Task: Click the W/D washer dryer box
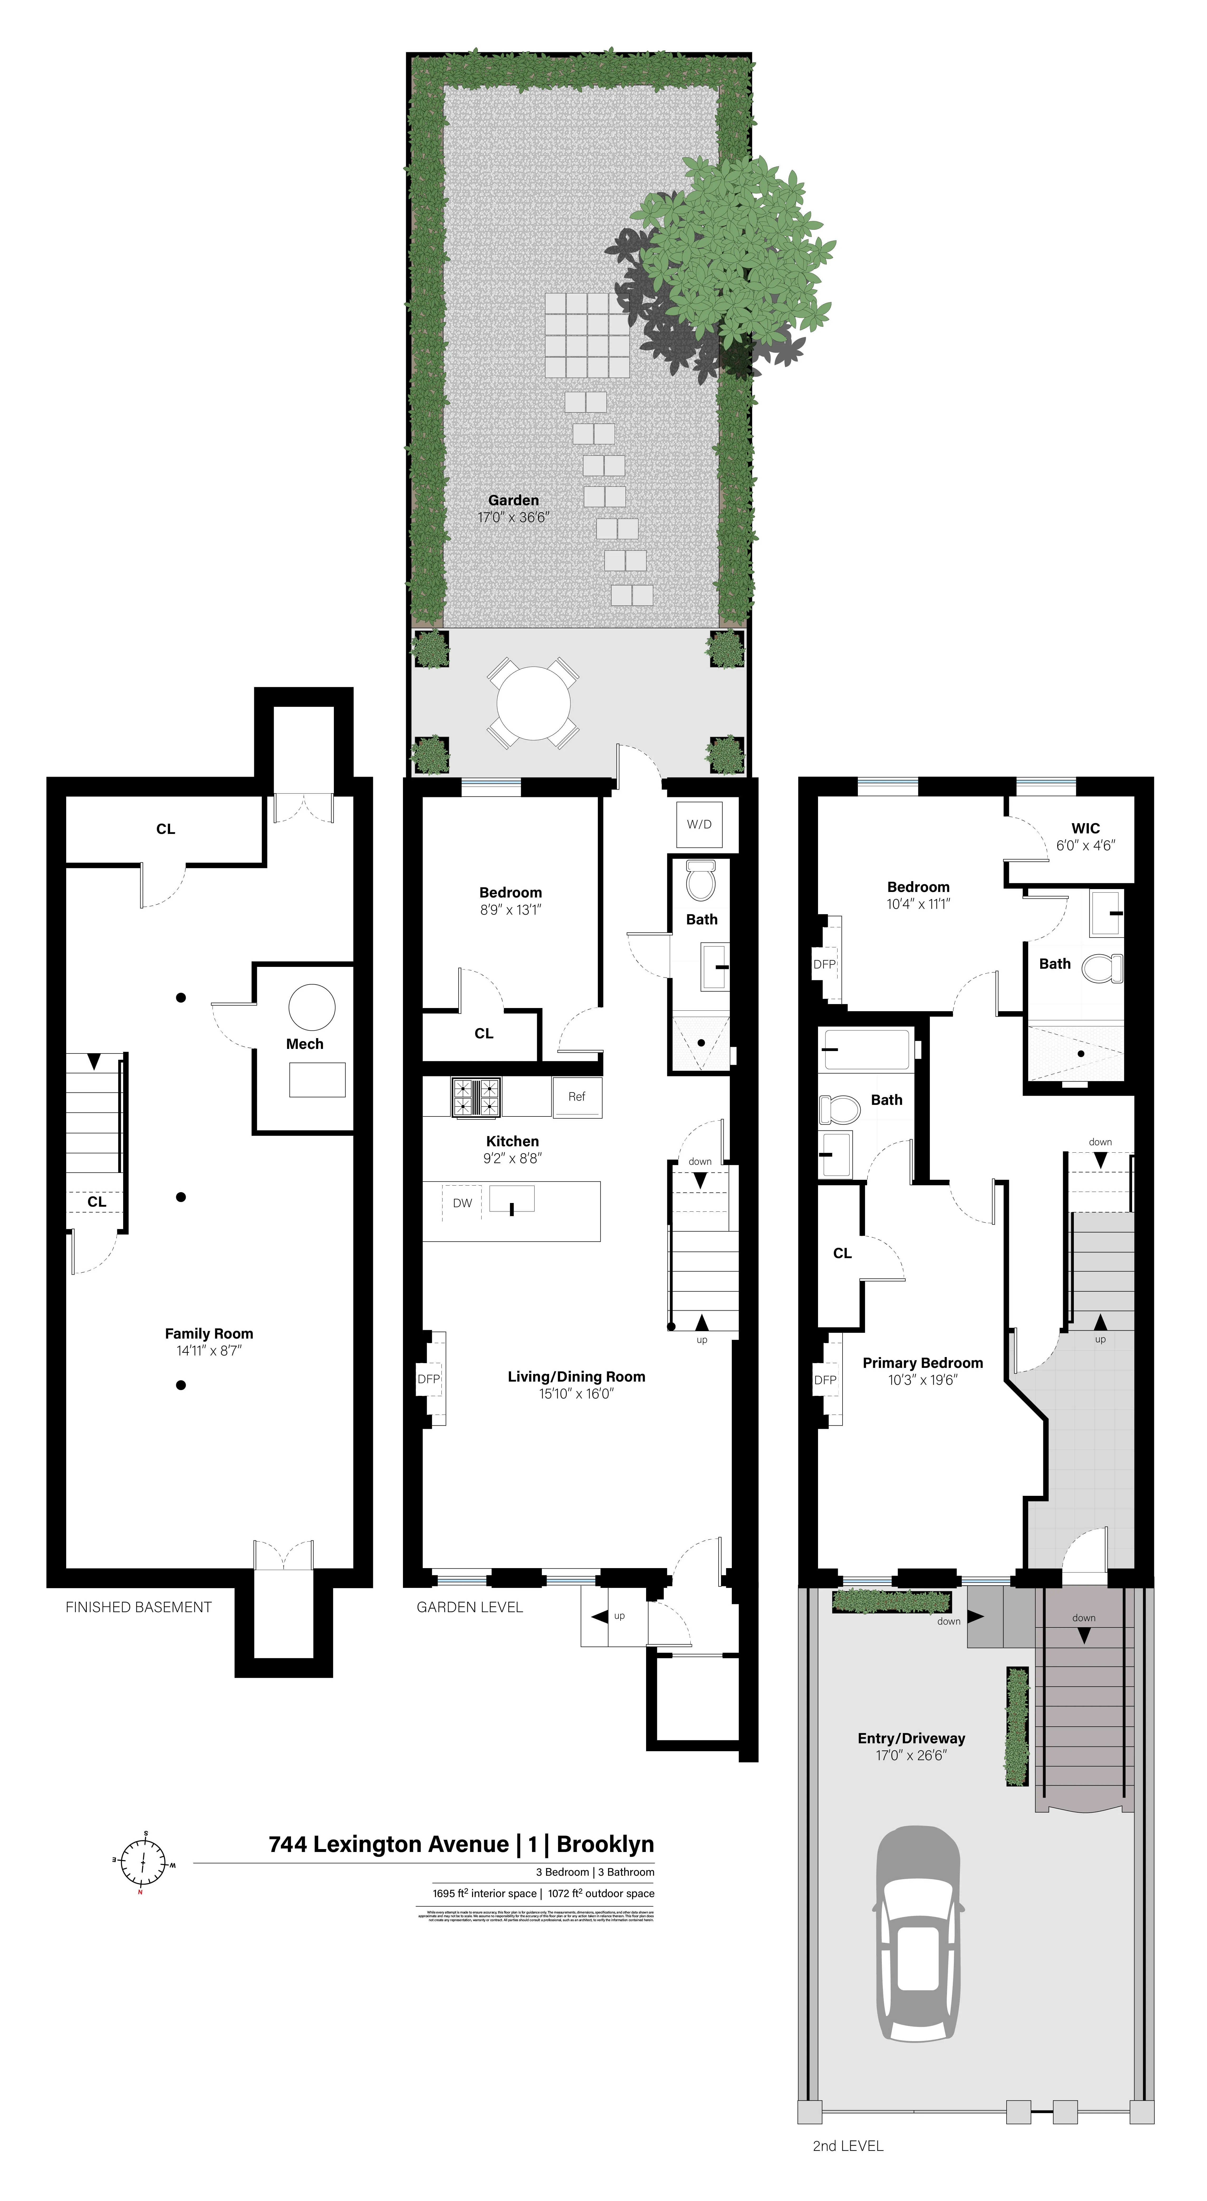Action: (x=699, y=824)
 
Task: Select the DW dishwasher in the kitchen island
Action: (x=462, y=1203)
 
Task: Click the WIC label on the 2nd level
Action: (x=1086, y=828)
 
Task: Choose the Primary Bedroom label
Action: (x=922, y=1363)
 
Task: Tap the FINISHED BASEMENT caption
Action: (x=138, y=1607)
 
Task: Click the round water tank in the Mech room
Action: (x=312, y=1008)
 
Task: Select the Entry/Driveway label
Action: (x=911, y=1739)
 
